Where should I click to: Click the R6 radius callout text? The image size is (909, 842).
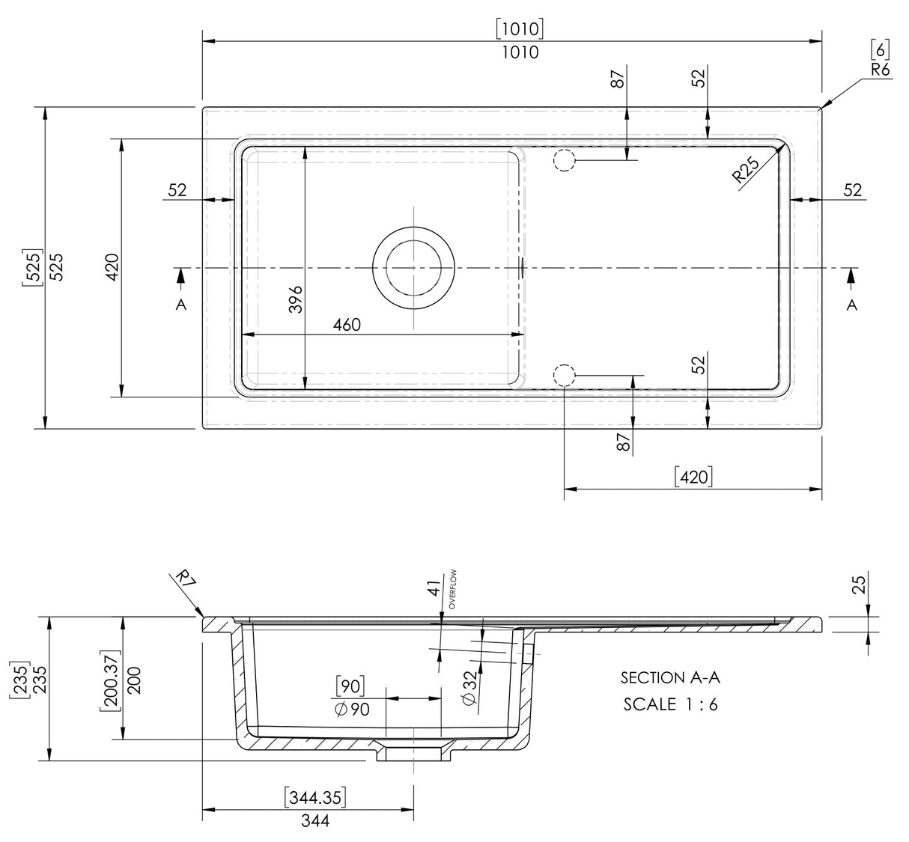pos(880,70)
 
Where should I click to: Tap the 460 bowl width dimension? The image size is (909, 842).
pos(347,324)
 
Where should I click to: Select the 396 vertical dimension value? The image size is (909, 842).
pos(295,299)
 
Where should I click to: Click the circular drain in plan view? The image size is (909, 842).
pos(413,267)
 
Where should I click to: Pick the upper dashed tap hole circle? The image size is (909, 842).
pos(564,160)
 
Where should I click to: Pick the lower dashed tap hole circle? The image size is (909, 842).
pos(564,375)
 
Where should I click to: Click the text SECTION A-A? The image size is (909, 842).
pos(670,678)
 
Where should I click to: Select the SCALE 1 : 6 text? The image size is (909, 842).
pos(670,704)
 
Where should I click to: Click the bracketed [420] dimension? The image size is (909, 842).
pos(693,476)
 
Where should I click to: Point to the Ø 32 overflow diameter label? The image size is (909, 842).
pos(469,686)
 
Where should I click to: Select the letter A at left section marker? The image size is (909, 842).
pos(180,305)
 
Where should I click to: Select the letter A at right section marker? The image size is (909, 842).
pos(851,305)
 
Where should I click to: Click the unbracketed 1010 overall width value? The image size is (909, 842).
pos(520,52)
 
